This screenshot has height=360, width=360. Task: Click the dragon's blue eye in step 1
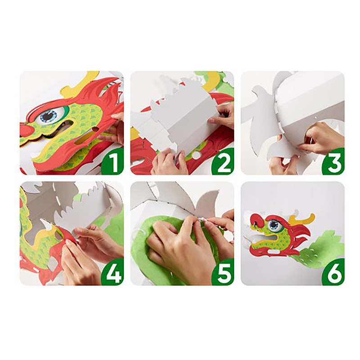[x=49, y=117]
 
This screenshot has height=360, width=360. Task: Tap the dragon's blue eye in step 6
[x=275, y=226]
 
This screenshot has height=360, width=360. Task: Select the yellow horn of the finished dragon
[x=301, y=219]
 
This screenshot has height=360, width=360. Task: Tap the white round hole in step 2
[x=196, y=155]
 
